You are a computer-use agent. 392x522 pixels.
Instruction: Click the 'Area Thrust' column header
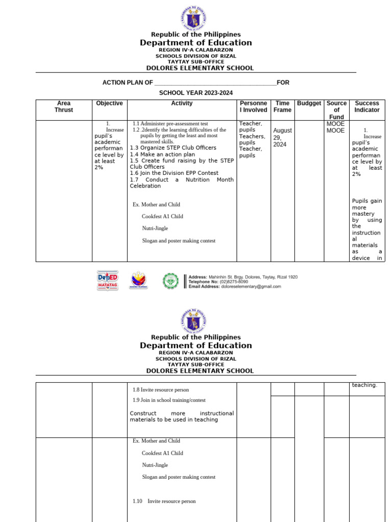pyautogui.click(x=64, y=107)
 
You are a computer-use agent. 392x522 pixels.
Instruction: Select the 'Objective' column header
pyautogui.click(x=109, y=103)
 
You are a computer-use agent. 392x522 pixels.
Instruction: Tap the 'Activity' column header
pyautogui.click(x=182, y=103)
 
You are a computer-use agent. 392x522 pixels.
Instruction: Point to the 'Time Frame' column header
pyautogui.click(x=282, y=107)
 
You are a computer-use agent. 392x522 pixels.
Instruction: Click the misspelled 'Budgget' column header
pyautogui.click(x=309, y=103)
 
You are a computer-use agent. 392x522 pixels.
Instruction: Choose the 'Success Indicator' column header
pyautogui.click(x=367, y=107)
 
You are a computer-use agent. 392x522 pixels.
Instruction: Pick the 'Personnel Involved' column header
pyautogui.click(x=253, y=107)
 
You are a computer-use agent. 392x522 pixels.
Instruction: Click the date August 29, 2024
pyautogui.click(x=282, y=137)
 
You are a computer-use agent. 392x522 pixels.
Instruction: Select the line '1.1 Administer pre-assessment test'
pyautogui.click(x=170, y=123)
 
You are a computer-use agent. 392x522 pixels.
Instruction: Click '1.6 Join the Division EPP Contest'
pyautogui.click(x=174, y=173)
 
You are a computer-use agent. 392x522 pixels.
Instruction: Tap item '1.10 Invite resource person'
pyautogui.click(x=164, y=501)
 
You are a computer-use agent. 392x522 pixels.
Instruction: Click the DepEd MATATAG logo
pyautogui.click(x=108, y=281)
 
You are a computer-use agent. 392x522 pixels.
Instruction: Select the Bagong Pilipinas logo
pyautogui.click(x=139, y=281)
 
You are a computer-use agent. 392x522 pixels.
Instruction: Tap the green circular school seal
pyautogui.click(x=170, y=281)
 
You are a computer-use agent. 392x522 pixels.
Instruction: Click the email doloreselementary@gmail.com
pyautogui.click(x=251, y=286)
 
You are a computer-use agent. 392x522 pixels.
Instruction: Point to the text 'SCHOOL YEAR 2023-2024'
pyautogui.click(x=195, y=93)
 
